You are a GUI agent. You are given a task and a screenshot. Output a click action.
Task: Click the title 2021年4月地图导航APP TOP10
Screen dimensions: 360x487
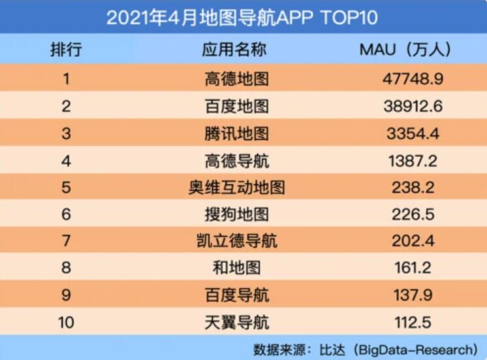click(x=242, y=17)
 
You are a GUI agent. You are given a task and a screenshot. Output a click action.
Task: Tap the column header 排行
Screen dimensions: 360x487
click(x=66, y=50)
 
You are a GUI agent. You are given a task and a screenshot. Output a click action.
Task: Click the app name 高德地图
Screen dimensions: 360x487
click(x=236, y=79)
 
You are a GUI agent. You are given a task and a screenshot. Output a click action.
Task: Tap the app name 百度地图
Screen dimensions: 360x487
click(x=236, y=106)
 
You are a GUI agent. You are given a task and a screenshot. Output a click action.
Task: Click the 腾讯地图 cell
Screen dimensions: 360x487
click(x=236, y=133)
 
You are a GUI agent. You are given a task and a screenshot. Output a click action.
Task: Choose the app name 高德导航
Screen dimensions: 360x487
click(x=236, y=160)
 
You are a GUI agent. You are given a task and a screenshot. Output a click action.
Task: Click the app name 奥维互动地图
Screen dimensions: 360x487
click(x=236, y=188)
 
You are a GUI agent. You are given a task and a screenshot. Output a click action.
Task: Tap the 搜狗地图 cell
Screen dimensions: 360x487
click(x=236, y=214)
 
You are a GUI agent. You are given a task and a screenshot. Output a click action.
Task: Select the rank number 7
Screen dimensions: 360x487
click(x=66, y=241)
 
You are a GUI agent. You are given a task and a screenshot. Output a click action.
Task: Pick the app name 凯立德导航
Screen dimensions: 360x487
click(x=236, y=241)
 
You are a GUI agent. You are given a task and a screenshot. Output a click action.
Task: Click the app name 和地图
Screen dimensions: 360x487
click(x=236, y=268)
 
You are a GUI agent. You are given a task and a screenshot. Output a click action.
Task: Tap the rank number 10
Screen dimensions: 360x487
click(x=66, y=322)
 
